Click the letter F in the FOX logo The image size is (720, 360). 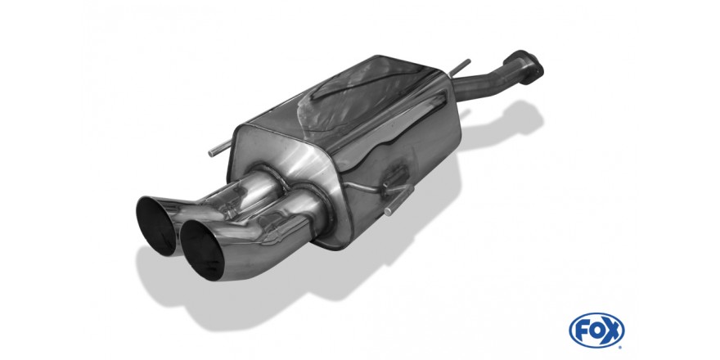coord(583,331)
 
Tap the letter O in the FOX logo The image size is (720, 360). coord(596,331)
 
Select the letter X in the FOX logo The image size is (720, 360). coord(611,331)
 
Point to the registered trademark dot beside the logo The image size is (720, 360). coord(620,345)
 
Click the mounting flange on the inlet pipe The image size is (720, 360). coord(524,66)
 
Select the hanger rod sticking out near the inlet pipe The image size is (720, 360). coord(460,67)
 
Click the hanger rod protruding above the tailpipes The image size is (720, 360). coord(220,148)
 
